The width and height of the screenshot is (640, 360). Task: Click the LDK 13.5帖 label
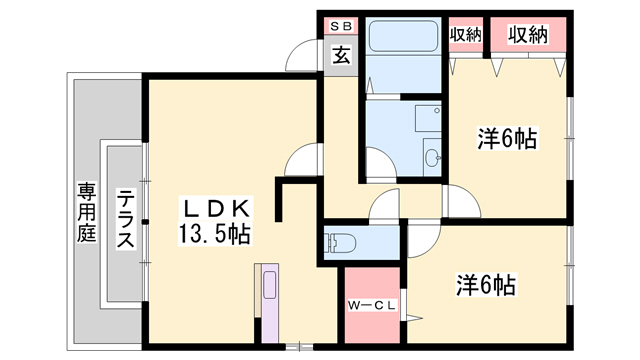tap(215, 221)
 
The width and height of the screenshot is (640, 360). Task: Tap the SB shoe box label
tap(341, 27)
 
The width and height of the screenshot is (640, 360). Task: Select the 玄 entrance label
tap(341, 56)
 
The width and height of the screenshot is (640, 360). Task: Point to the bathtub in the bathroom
tap(403, 36)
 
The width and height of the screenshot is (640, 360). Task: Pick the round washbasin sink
tap(433, 157)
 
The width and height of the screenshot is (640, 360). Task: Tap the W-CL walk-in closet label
tap(372, 305)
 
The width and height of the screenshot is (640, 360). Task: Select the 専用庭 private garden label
tap(87, 212)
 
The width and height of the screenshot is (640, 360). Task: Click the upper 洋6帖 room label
tap(507, 139)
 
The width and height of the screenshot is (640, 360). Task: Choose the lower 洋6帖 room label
tap(486, 284)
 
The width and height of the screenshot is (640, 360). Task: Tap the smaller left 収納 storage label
tap(466, 35)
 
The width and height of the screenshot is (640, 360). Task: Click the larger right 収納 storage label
tap(528, 35)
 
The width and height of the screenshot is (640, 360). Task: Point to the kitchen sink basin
tap(270, 285)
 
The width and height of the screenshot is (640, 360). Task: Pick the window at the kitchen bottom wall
tap(299, 347)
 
